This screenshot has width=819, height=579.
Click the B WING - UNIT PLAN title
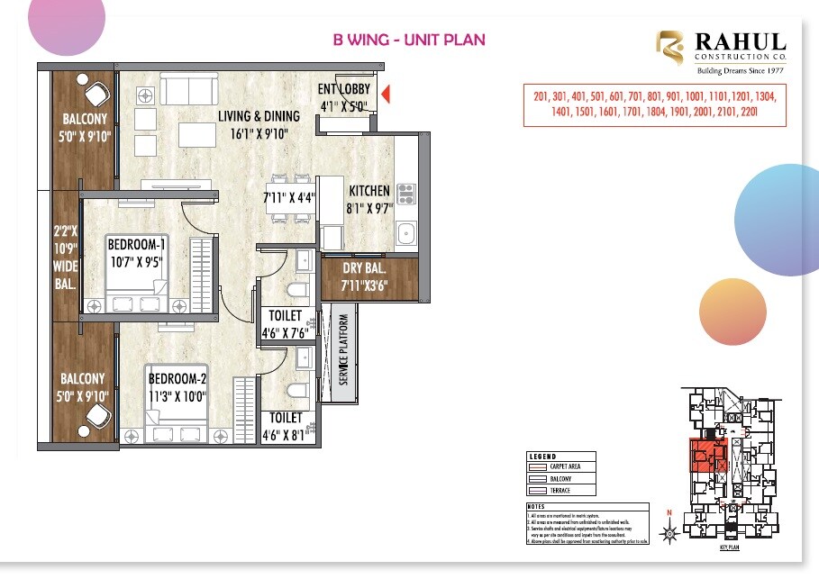tap(409, 40)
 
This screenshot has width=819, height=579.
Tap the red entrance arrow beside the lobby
tap(385, 94)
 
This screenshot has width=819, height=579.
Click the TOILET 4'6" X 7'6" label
tap(286, 324)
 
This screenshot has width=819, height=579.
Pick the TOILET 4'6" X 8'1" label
tap(286, 426)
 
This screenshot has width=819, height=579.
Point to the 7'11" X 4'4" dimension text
tap(287, 198)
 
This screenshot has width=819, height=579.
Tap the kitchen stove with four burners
tap(405, 193)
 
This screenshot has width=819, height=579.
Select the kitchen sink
tap(405, 233)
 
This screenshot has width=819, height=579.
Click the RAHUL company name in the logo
tap(740, 41)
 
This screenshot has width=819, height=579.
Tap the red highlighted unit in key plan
tap(707, 456)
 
